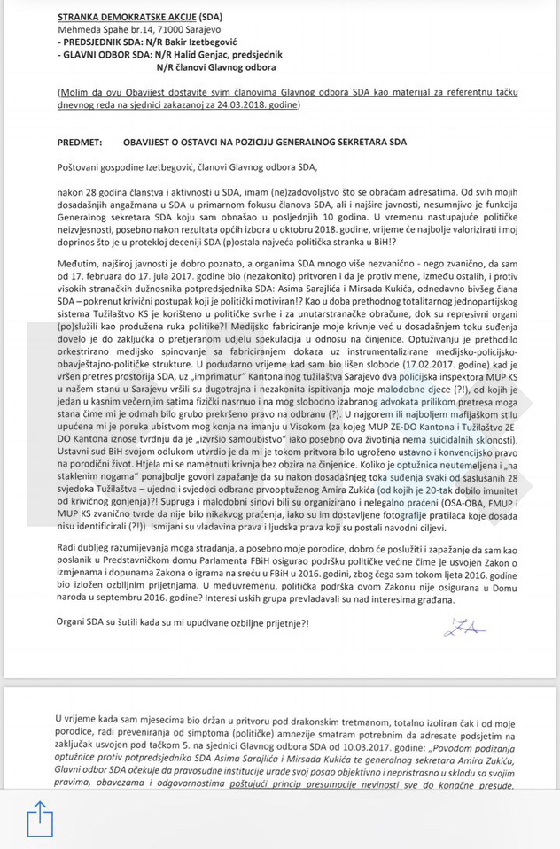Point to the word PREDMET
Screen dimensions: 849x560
click(x=83, y=142)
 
